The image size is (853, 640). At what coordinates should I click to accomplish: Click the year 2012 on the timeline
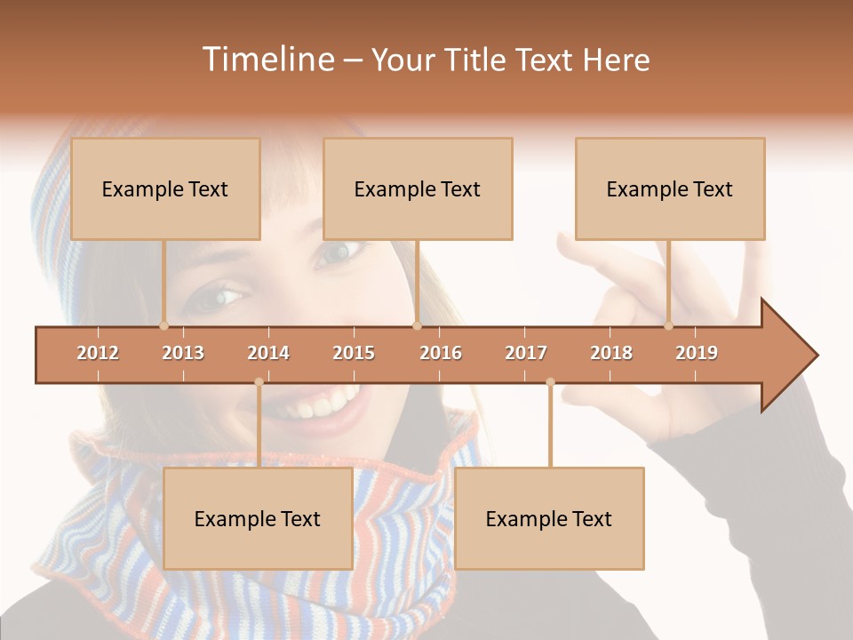click(98, 353)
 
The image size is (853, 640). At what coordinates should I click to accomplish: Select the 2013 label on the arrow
click(183, 353)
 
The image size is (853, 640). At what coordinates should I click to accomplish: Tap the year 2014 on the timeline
click(268, 353)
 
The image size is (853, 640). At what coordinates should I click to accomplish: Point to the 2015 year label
click(354, 353)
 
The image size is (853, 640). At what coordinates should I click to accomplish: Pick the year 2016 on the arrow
click(441, 353)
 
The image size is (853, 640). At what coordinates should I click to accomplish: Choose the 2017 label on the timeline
click(526, 353)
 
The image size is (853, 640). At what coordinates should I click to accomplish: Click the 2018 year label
click(611, 353)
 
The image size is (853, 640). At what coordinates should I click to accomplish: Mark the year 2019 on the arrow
click(697, 353)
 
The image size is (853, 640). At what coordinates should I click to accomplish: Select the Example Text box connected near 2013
click(165, 189)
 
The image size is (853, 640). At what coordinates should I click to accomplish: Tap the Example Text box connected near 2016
click(418, 189)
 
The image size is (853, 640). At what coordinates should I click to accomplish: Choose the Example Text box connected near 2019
click(670, 189)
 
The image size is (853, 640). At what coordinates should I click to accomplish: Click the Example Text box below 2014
click(258, 519)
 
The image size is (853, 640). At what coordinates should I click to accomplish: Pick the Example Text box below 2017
click(549, 519)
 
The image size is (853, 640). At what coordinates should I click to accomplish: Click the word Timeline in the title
click(267, 60)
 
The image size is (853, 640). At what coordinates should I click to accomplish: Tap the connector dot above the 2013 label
click(163, 326)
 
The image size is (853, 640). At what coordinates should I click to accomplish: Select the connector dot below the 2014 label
click(259, 382)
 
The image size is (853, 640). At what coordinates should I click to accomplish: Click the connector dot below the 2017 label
click(550, 382)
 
